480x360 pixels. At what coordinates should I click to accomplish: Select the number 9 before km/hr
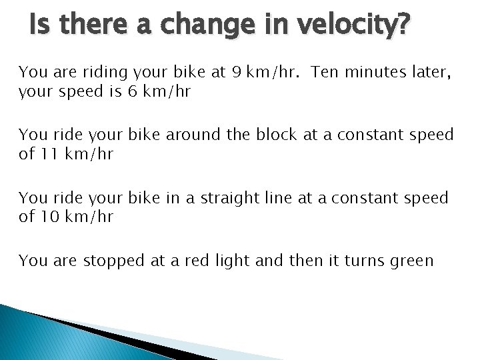237,72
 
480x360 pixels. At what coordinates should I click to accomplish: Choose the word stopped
114,261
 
